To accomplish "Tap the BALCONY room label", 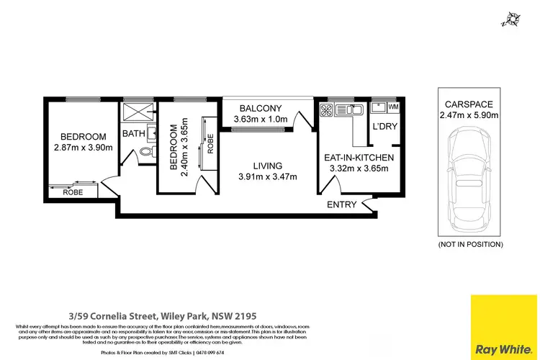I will tap(264, 107).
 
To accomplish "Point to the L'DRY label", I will tap(383, 127).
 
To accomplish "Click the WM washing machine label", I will tap(393, 107).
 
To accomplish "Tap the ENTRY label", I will tap(342, 204).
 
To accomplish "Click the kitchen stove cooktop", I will tap(325, 110).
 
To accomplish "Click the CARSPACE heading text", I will tap(464, 103).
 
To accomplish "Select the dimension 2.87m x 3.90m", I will tap(84, 148).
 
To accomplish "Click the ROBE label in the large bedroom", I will tap(71, 192).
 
